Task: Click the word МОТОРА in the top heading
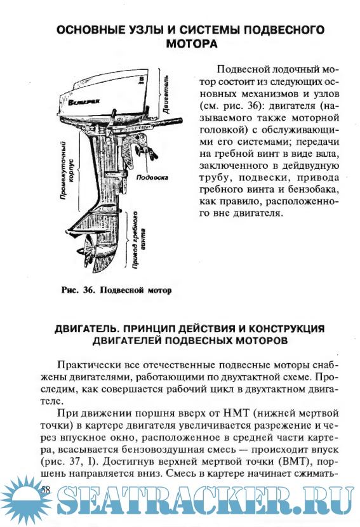point(192,44)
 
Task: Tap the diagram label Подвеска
point(152,177)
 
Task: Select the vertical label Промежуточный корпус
point(67,170)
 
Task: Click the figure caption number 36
point(89,290)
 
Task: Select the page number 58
point(45,490)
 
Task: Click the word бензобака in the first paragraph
point(312,189)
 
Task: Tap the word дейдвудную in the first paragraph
point(310,166)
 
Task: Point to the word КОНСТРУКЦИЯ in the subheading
point(287,328)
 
